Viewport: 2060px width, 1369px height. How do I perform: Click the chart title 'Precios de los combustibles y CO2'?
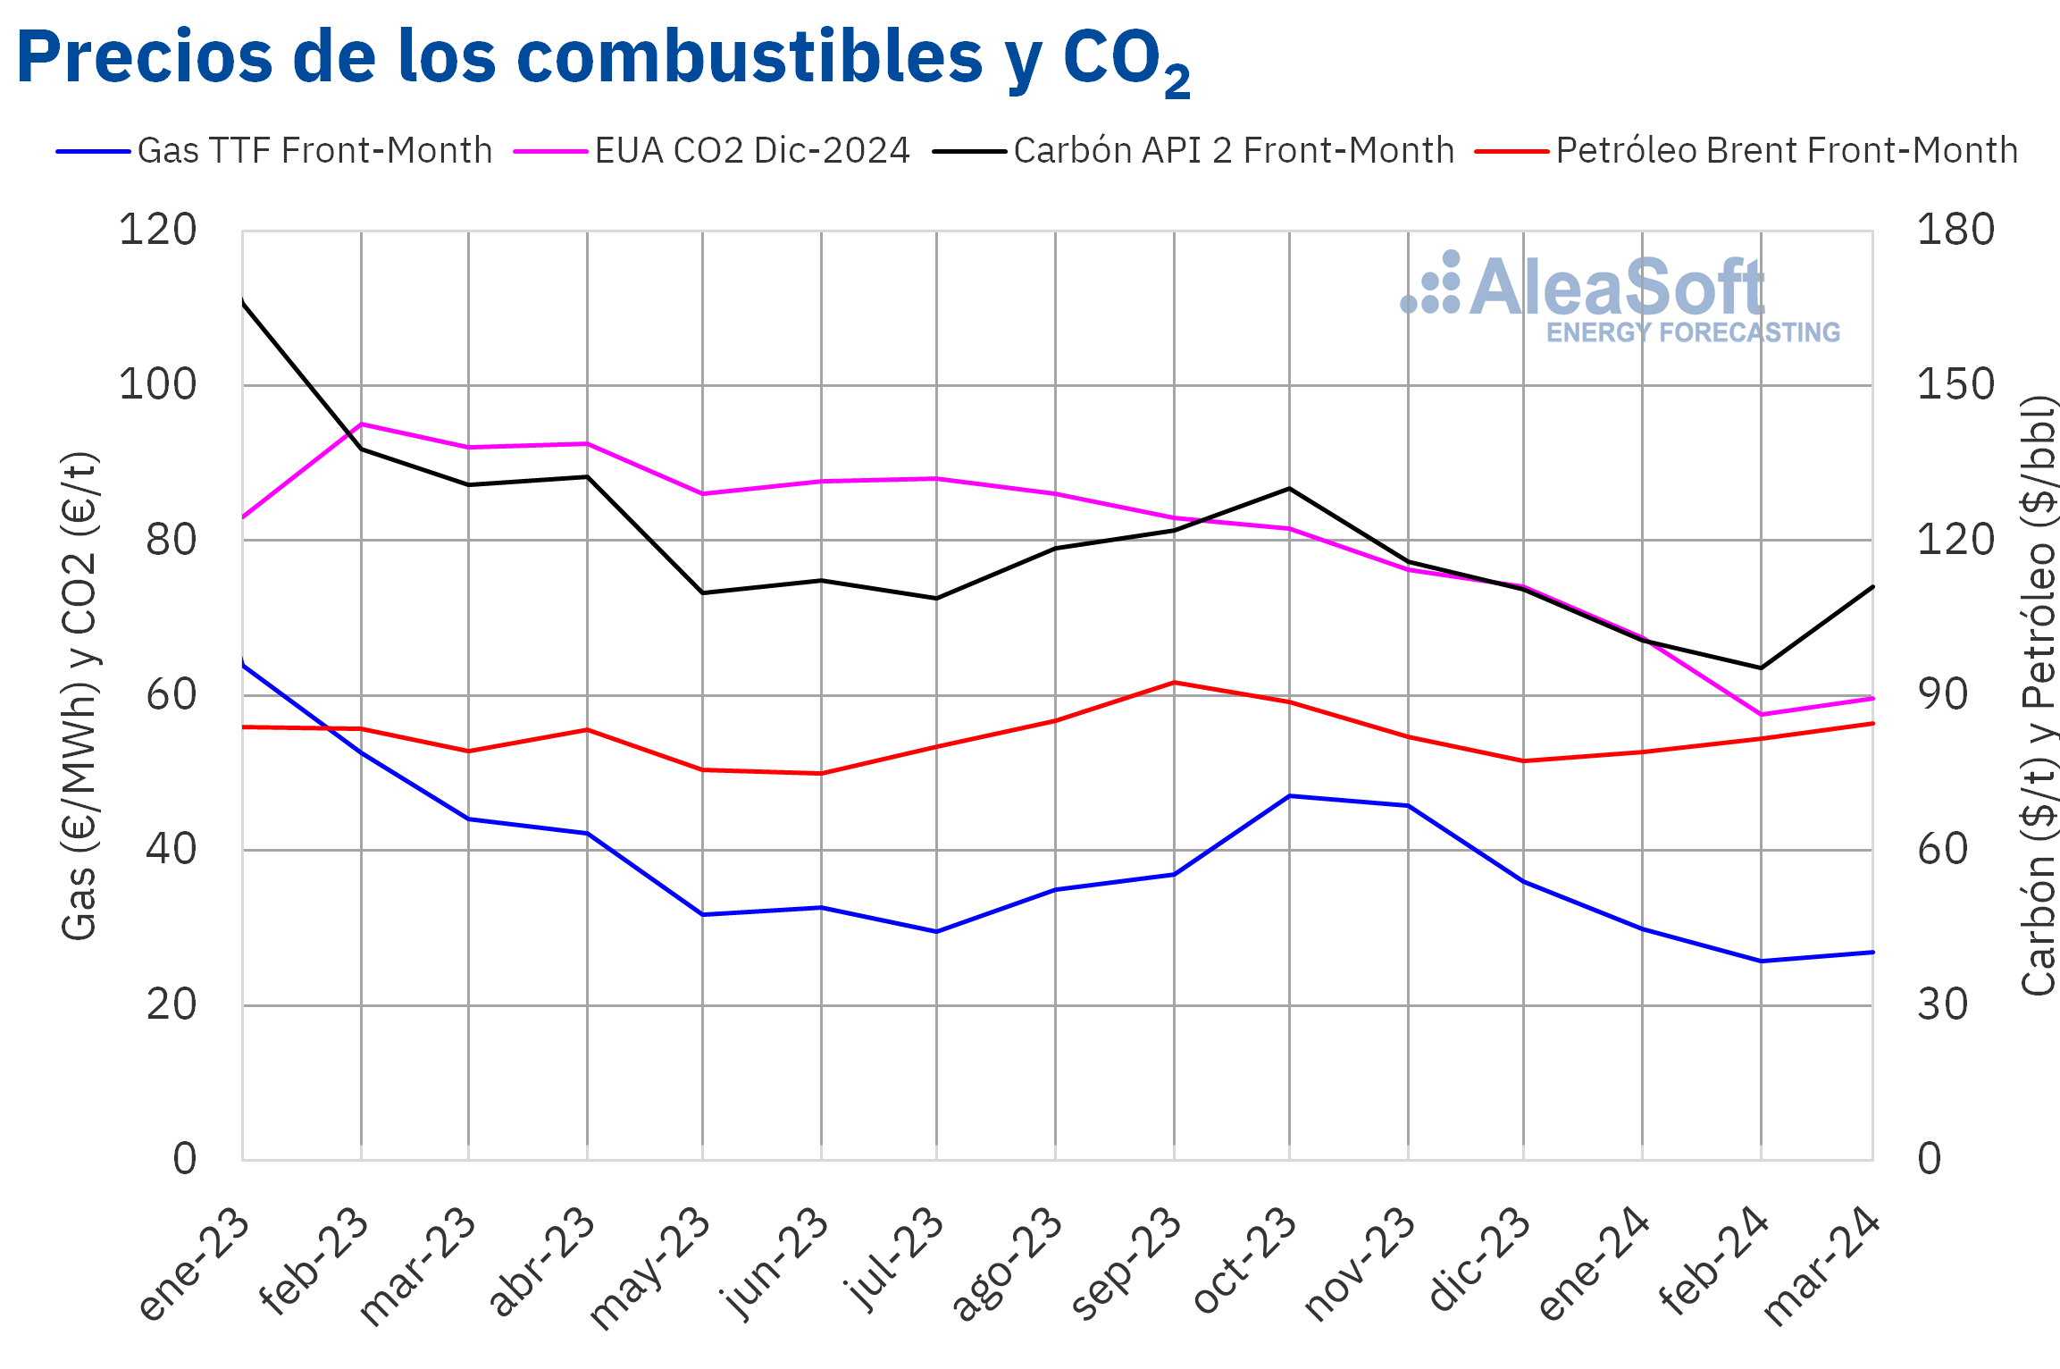[x=603, y=59]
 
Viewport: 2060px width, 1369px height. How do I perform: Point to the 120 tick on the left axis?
[x=158, y=231]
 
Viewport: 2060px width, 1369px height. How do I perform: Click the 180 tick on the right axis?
[x=1955, y=231]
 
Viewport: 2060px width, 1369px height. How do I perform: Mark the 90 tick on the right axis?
[x=1942, y=695]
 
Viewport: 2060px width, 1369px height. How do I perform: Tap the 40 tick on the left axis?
[x=171, y=850]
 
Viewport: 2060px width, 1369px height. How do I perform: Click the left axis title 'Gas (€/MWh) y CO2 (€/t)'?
[x=80, y=695]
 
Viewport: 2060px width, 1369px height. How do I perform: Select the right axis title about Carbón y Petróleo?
[x=2039, y=695]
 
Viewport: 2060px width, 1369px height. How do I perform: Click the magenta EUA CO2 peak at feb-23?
[x=361, y=424]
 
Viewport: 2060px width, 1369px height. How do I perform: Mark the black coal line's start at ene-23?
[x=243, y=301]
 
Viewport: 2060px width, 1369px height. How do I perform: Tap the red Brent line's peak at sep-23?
[x=1174, y=683]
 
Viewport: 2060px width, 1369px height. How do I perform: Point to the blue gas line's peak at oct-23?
[x=1289, y=796]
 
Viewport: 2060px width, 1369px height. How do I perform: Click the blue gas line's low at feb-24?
[x=1761, y=962]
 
